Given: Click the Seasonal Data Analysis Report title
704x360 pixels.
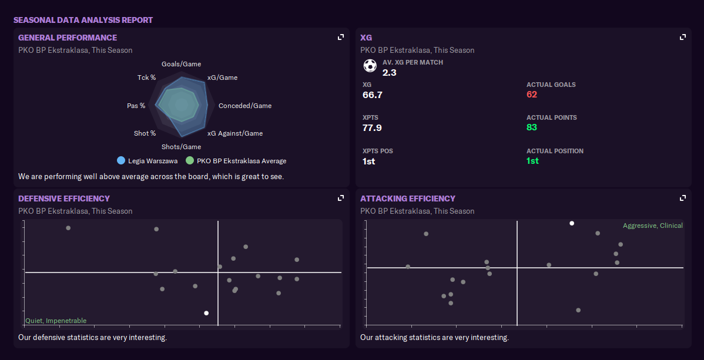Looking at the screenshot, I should (x=83, y=20).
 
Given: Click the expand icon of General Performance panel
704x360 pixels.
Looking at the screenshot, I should (x=340, y=37).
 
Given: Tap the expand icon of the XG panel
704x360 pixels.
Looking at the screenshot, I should (x=682, y=37).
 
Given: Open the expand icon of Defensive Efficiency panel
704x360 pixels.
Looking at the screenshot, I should (x=340, y=198).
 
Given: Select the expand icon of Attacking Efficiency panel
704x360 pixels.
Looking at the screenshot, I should (x=682, y=198).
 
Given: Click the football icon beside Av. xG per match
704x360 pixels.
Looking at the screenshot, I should (x=370, y=66).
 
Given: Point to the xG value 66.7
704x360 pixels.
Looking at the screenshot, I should (x=373, y=95).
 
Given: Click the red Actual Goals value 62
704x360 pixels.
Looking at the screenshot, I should (x=532, y=95).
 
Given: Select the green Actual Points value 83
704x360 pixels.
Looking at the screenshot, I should (x=532, y=127).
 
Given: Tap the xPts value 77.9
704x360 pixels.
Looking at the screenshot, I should (x=373, y=127).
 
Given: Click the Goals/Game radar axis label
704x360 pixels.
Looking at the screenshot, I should (x=181, y=64).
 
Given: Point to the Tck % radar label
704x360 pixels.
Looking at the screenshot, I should (x=146, y=78).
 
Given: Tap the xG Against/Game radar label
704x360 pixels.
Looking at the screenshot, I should (x=235, y=133).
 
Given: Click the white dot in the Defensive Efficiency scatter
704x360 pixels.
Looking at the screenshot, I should (x=206, y=313).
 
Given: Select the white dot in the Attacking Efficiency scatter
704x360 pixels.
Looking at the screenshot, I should (x=572, y=223).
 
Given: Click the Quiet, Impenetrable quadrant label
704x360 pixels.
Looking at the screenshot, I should (x=56, y=321).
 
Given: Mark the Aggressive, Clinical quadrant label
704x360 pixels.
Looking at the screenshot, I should (x=653, y=226).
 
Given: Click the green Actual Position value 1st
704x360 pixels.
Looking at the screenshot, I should (x=532, y=161).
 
